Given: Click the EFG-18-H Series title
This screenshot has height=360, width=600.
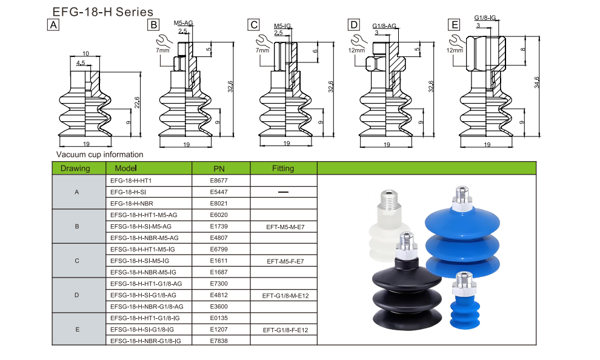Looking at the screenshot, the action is pyautogui.click(x=102, y=12).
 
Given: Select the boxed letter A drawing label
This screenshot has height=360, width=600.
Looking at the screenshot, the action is pyautogui.click(x=53, y=25).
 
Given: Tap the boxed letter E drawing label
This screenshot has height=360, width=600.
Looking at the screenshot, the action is pyautogui.click(x=454, y=25).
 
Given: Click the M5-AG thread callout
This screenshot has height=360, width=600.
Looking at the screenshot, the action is pyautogui.click(x=183, y=23).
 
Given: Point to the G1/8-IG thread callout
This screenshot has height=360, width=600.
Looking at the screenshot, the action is pyautogui.click(x=485, y=18).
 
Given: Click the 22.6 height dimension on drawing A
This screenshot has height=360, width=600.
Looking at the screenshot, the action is pyautogui.click(x=137, y=102).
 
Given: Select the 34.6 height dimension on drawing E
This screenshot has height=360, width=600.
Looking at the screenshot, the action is pyautogui.click(x=536, y=82).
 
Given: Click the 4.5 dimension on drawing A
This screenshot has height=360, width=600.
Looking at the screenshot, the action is pyautogui.click(x=81, y=63).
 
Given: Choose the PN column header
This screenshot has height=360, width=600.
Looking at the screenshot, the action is pyautogui.click(x=219, y=168).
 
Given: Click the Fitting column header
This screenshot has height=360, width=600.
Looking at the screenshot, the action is pyautogui.click(x=283, y=168).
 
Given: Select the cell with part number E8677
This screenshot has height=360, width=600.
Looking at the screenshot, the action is pyautogui.click(x=219, y=181).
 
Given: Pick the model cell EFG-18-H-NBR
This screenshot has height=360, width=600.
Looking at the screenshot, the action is pyautogui.click(x=132, y=204).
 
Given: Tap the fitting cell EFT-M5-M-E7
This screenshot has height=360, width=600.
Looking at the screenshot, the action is pyautogui.click(x=285, y=227).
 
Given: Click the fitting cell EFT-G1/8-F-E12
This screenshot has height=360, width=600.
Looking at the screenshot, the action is pyautogui.click(x=285, y=330).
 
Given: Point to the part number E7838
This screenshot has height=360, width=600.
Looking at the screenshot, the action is pyautogui.click(x=219, y=341).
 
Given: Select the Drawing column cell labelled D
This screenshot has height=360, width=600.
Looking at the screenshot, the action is pyautogui.click(x=77, y=295).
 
